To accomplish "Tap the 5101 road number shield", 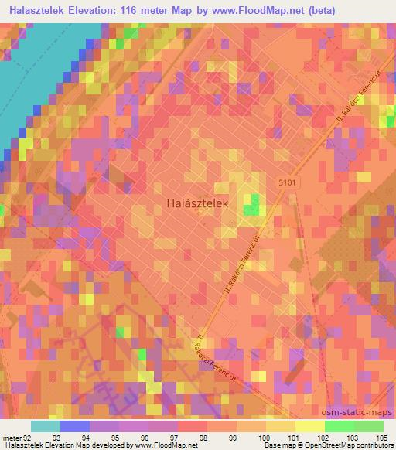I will tap(288, 180).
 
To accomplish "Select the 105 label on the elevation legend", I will tap(376, 438).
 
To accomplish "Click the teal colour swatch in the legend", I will tap(46, 426).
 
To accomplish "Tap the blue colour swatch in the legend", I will tap(74, 426).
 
